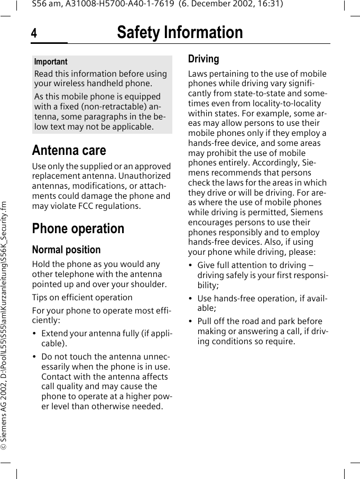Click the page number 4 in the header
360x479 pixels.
point(34,33)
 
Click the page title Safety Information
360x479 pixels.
point(180,33)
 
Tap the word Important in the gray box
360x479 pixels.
point(51,62)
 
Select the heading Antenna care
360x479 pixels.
point(69,150)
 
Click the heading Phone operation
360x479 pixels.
point(78,228)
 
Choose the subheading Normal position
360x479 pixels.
point(66,250)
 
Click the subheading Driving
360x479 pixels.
point(204,59)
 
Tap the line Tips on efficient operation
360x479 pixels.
point(82,297)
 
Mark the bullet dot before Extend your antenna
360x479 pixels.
point(34,334)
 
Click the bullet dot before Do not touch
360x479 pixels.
point(34,357)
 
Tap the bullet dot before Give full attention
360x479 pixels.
point(191,265)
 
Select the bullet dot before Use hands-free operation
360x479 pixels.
point(191,299)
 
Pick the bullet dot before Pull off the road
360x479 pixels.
point(191,321)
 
